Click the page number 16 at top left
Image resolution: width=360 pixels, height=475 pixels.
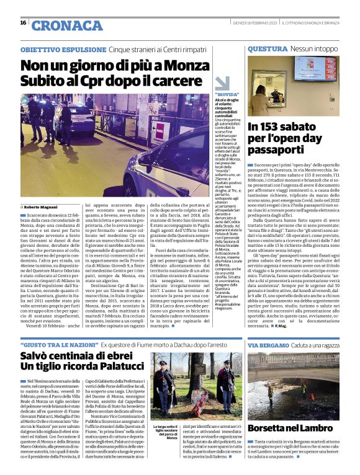(x=23, y=23)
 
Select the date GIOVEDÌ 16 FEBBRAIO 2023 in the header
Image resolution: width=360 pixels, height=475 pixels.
(x=248, y=23)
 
